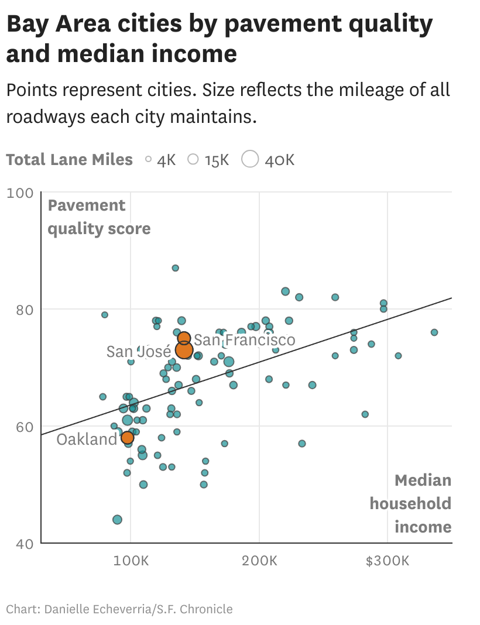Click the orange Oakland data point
128,437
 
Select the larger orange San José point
184,350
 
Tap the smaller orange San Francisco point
184,338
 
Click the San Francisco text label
245,340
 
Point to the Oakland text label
87,439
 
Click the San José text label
139,352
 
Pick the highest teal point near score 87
175,268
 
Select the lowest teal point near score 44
117,520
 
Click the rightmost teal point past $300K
434,332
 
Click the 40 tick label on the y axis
23,544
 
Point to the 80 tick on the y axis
23,310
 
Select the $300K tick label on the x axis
387,561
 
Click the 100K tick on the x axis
130,561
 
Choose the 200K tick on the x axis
259,561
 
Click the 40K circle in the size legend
250,159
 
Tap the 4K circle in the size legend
148,159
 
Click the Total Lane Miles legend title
69,160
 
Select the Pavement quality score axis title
98,217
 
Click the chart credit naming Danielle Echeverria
119,609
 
